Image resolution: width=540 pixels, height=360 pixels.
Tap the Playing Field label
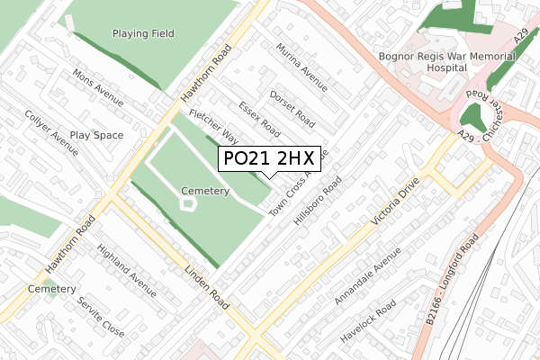tap(143, 33)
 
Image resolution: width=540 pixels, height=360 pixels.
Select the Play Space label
tap(96, 135)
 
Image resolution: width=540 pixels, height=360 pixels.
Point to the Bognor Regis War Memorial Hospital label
tap(459, 60)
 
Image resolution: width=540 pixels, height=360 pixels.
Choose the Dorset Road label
tap(292, 105)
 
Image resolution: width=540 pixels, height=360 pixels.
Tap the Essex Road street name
tap(260, 120)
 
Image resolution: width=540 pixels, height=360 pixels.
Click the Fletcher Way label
tap(213, 126)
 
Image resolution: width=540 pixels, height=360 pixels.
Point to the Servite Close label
tap(101, 316)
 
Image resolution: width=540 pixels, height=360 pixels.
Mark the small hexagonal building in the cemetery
tap(188, 204)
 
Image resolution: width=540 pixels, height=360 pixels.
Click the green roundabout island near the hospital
tap(469, 116)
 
